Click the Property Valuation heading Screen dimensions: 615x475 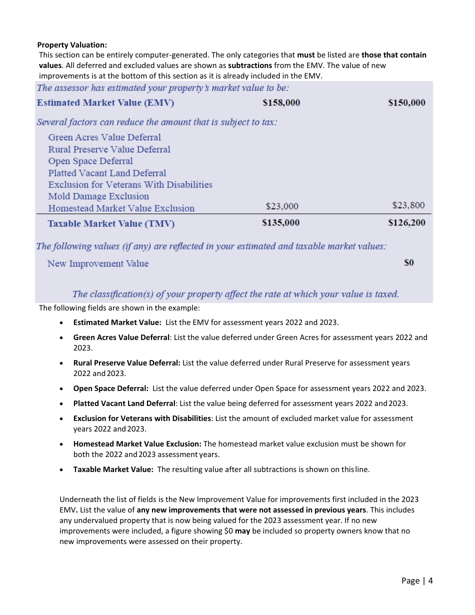click(x=72, y=45)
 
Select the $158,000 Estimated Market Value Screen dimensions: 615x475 click(x=281, y=102)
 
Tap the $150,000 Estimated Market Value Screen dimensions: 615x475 click(x=406, y=102)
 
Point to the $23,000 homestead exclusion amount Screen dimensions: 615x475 click(x=282, y=206)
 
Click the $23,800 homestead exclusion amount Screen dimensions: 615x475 click(x=408, y=205)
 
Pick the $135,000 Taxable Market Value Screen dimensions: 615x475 click(x=280, y=222)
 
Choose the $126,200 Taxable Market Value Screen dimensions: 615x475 click(x=406, y=222)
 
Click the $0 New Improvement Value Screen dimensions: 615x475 click(x=408, y=262)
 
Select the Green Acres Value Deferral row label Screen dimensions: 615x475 click(x=104, y=137)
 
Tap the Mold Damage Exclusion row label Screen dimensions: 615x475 click(x=98, y=196)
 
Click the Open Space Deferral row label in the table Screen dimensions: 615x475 click(x=90, y=161)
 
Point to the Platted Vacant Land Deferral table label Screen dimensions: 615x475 click(x=107, y=173)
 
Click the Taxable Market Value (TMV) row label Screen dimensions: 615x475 click(x=111, y=223)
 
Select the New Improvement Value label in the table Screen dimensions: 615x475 click(x=98, y=263)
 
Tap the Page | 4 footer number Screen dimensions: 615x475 click(x=417, y=580)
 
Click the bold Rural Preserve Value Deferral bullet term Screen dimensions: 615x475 click(x=126, y=363)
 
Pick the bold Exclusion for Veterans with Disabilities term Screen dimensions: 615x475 click(x=142, y=418)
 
